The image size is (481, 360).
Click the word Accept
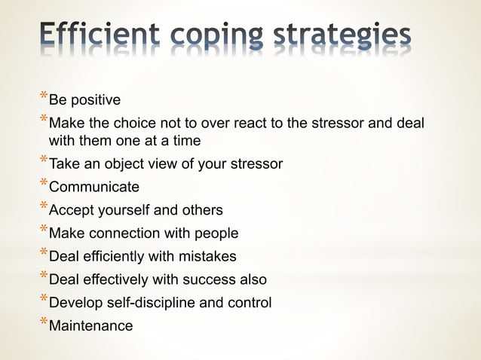[x=72, y=210]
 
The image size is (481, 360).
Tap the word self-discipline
[x=161, y=304]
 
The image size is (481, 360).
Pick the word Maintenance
[x=90, y=326]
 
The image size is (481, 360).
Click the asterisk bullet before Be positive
[x=43, y=97]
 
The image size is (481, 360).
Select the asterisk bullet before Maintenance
[x=43, y=324]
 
